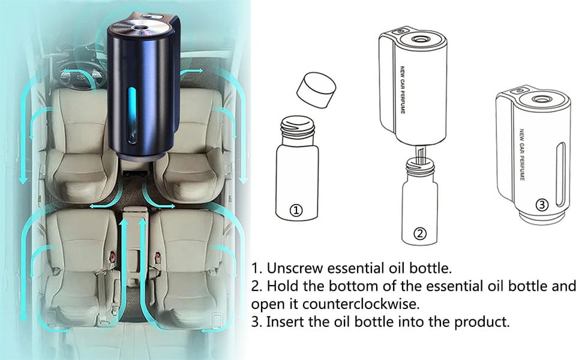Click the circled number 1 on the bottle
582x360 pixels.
pos(296,211)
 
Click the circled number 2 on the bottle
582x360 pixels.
pos(420,234)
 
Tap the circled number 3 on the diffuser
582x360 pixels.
pos(542,205)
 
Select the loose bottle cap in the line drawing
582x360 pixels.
pos(316,90)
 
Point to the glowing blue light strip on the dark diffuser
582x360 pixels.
pos(131,115)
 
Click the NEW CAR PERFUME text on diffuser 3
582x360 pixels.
pos(522,155)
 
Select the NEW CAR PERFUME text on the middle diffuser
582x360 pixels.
pos(403,90)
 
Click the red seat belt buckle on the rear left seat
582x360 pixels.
pos(112,256)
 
